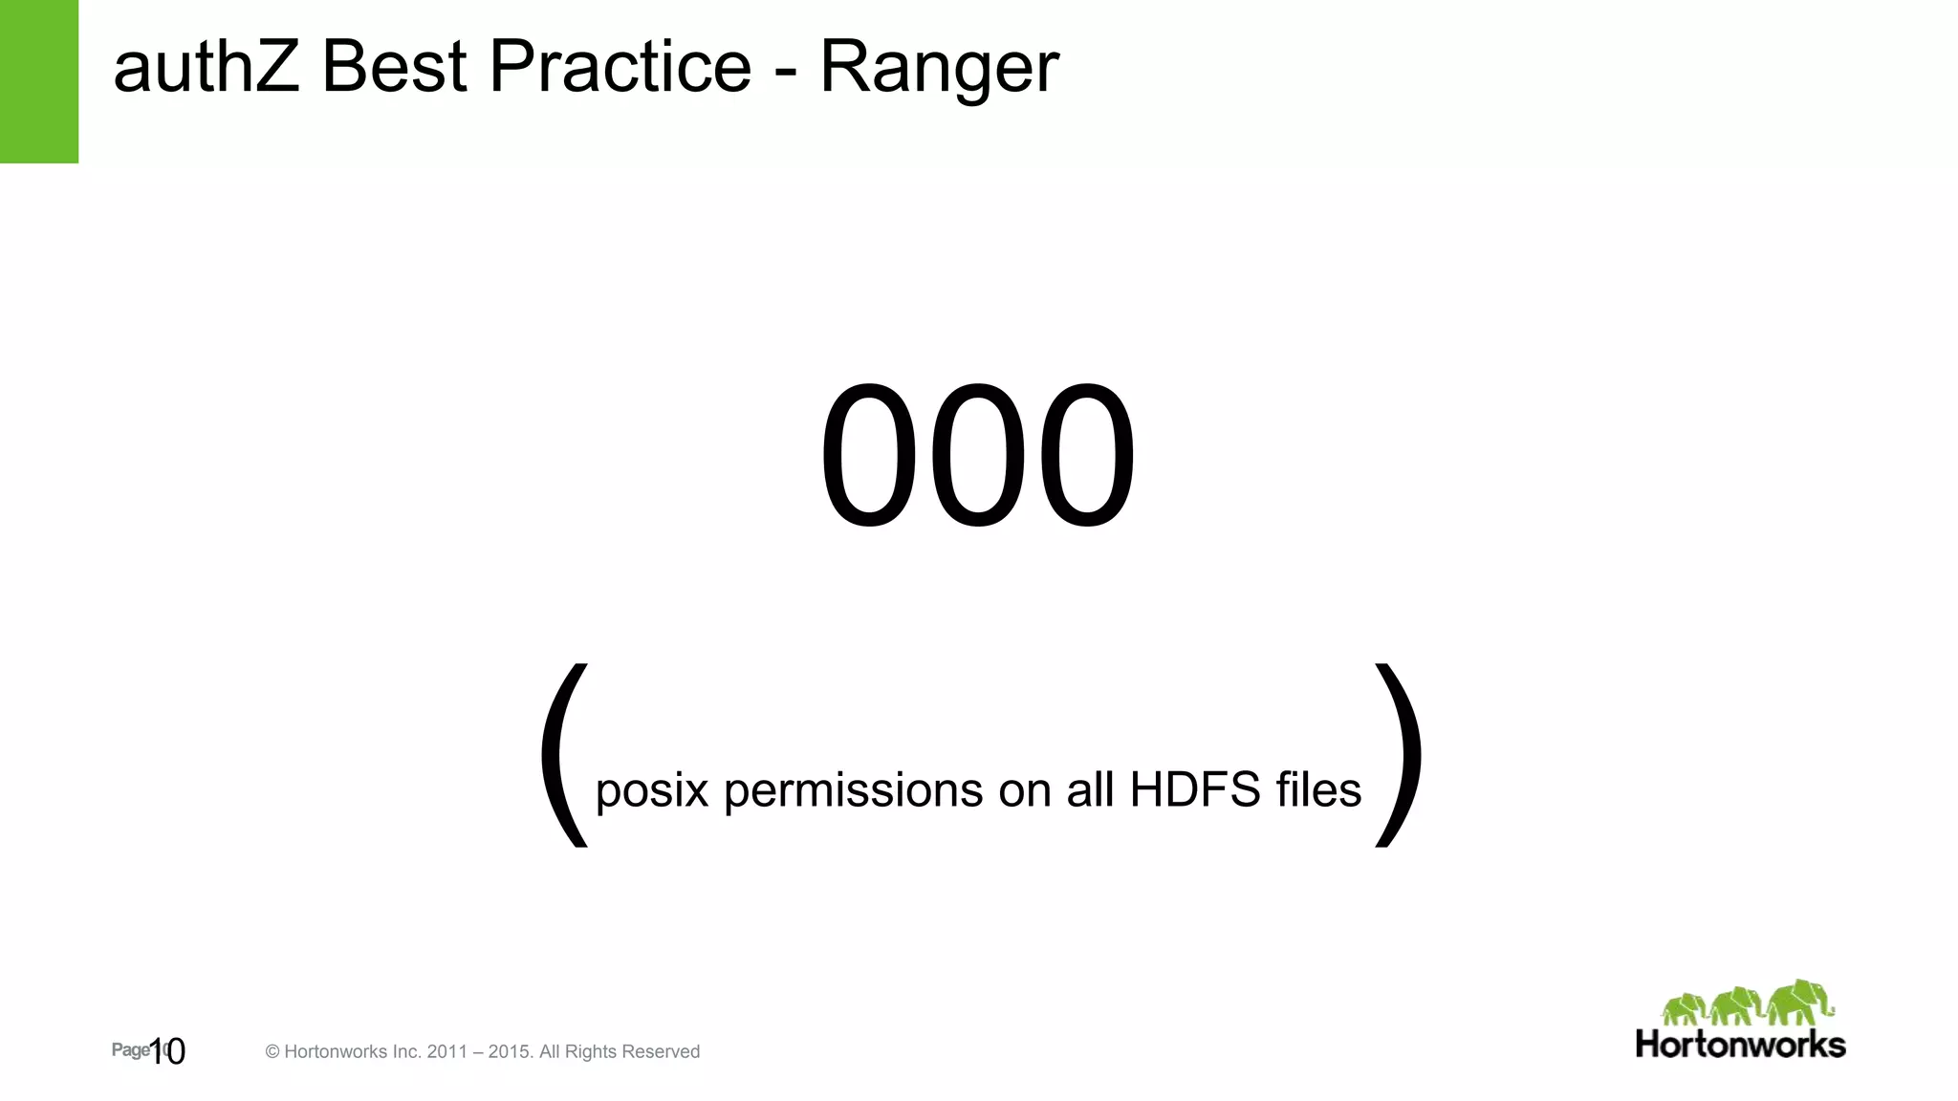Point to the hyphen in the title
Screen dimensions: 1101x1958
point(786,71)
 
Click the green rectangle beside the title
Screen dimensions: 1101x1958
point(38,81)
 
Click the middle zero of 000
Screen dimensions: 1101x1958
point(977,455)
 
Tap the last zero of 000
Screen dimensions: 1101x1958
point(1086,455)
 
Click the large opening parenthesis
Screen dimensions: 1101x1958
point(564,755)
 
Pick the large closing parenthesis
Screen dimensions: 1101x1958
point(1398,755)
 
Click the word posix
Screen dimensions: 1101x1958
point(652,792)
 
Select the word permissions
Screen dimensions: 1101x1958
point(854,792)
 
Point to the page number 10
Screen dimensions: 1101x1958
point(167,1051)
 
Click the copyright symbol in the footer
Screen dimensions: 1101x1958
point(272,1052)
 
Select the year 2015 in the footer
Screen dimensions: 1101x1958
point(508,1052)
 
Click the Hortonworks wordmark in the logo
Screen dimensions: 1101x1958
point(1740,1045)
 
